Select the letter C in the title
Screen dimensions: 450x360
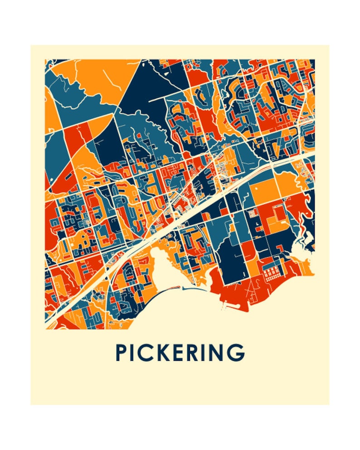tap(147, 353)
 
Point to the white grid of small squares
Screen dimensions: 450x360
tap(272, 274)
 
